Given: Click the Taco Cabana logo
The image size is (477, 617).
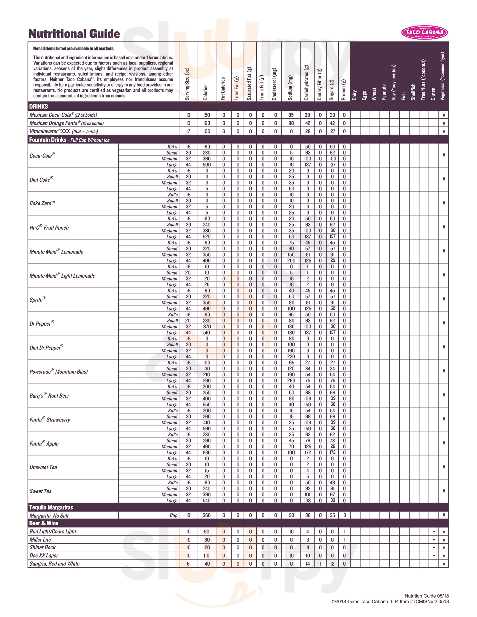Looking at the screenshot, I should tap(425, 33).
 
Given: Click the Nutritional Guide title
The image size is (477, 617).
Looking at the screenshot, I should tap(74, 34).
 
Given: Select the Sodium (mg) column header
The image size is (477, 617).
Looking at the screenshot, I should tap(290, 88).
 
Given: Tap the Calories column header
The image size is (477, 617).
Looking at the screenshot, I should tap(205, 92).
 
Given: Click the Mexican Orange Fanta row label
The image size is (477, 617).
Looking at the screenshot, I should tap(67, 123).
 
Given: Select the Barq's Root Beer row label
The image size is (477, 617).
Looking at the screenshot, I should tap(49, 395).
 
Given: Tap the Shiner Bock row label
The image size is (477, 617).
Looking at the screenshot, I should tap(43, 547).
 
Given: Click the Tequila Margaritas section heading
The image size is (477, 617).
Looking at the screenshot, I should tap(51, 507).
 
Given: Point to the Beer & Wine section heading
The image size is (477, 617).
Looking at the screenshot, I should tap(44, 523).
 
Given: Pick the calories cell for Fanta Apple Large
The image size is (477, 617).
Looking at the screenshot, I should tap(207, 452).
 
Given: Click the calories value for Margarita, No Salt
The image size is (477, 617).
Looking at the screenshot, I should tap(207, 515).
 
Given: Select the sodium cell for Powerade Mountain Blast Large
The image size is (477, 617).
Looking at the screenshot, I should tap(291, 380).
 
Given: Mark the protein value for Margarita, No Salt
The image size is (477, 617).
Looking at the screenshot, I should tap(345, 515).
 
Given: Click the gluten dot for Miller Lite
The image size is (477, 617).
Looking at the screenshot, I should tap(434, 540).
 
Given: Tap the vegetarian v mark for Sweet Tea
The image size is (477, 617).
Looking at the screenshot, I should tap(444, 491).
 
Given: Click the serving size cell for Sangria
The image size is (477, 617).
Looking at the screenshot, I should tap(188, 564).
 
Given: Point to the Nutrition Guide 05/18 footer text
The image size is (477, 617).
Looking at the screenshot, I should tap(426, 596).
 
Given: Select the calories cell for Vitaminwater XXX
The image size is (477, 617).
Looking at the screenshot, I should tap(207, 131).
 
